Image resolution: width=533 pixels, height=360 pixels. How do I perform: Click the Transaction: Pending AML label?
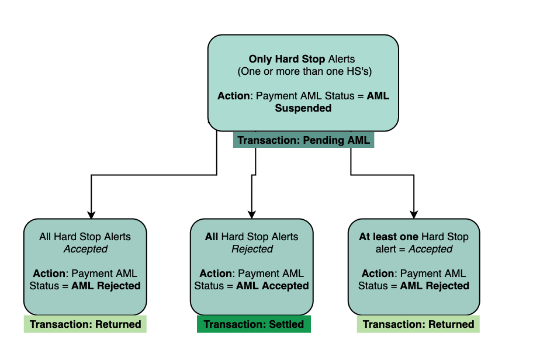pyautogui.click(x=303, y=141)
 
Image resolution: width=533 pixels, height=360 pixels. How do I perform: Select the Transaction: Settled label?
pyautogui.click(x=253, y=324)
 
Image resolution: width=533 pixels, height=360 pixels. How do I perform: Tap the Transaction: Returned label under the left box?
pyautogui.click(x=85, y=324)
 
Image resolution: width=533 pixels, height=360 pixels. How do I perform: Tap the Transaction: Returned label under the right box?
pyautogui.click(x=418, y=324)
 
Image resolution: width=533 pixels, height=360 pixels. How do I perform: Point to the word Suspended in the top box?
pyautogui.click(x=303, y=108)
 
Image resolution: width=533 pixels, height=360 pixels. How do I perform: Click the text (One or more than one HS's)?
pyautogui.click(x=304, y=71)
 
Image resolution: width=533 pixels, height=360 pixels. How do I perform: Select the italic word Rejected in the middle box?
pyautogui.click(x=252, y=249)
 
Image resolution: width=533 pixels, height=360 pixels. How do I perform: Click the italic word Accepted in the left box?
pyautogui.click(x=85, y=249)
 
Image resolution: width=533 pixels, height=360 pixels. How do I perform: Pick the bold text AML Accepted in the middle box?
pyautogui.click(x=272, y=286)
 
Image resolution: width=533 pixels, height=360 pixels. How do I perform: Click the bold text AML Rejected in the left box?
pyautogui.click(x=106, y=286)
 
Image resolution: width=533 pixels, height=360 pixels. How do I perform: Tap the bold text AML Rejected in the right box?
pyautogui.click(x=434, y=286)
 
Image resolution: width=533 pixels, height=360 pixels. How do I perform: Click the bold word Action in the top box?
pyautogui.click(x=234, y=96)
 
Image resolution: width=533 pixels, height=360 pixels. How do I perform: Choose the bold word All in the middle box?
pyautogui.click(x=212, y=237)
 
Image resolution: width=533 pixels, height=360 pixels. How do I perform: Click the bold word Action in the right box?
pyautogui.click(x=378, y=274)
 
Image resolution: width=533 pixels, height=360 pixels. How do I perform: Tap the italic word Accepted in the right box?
pyautogui.click(x=430, y=249)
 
